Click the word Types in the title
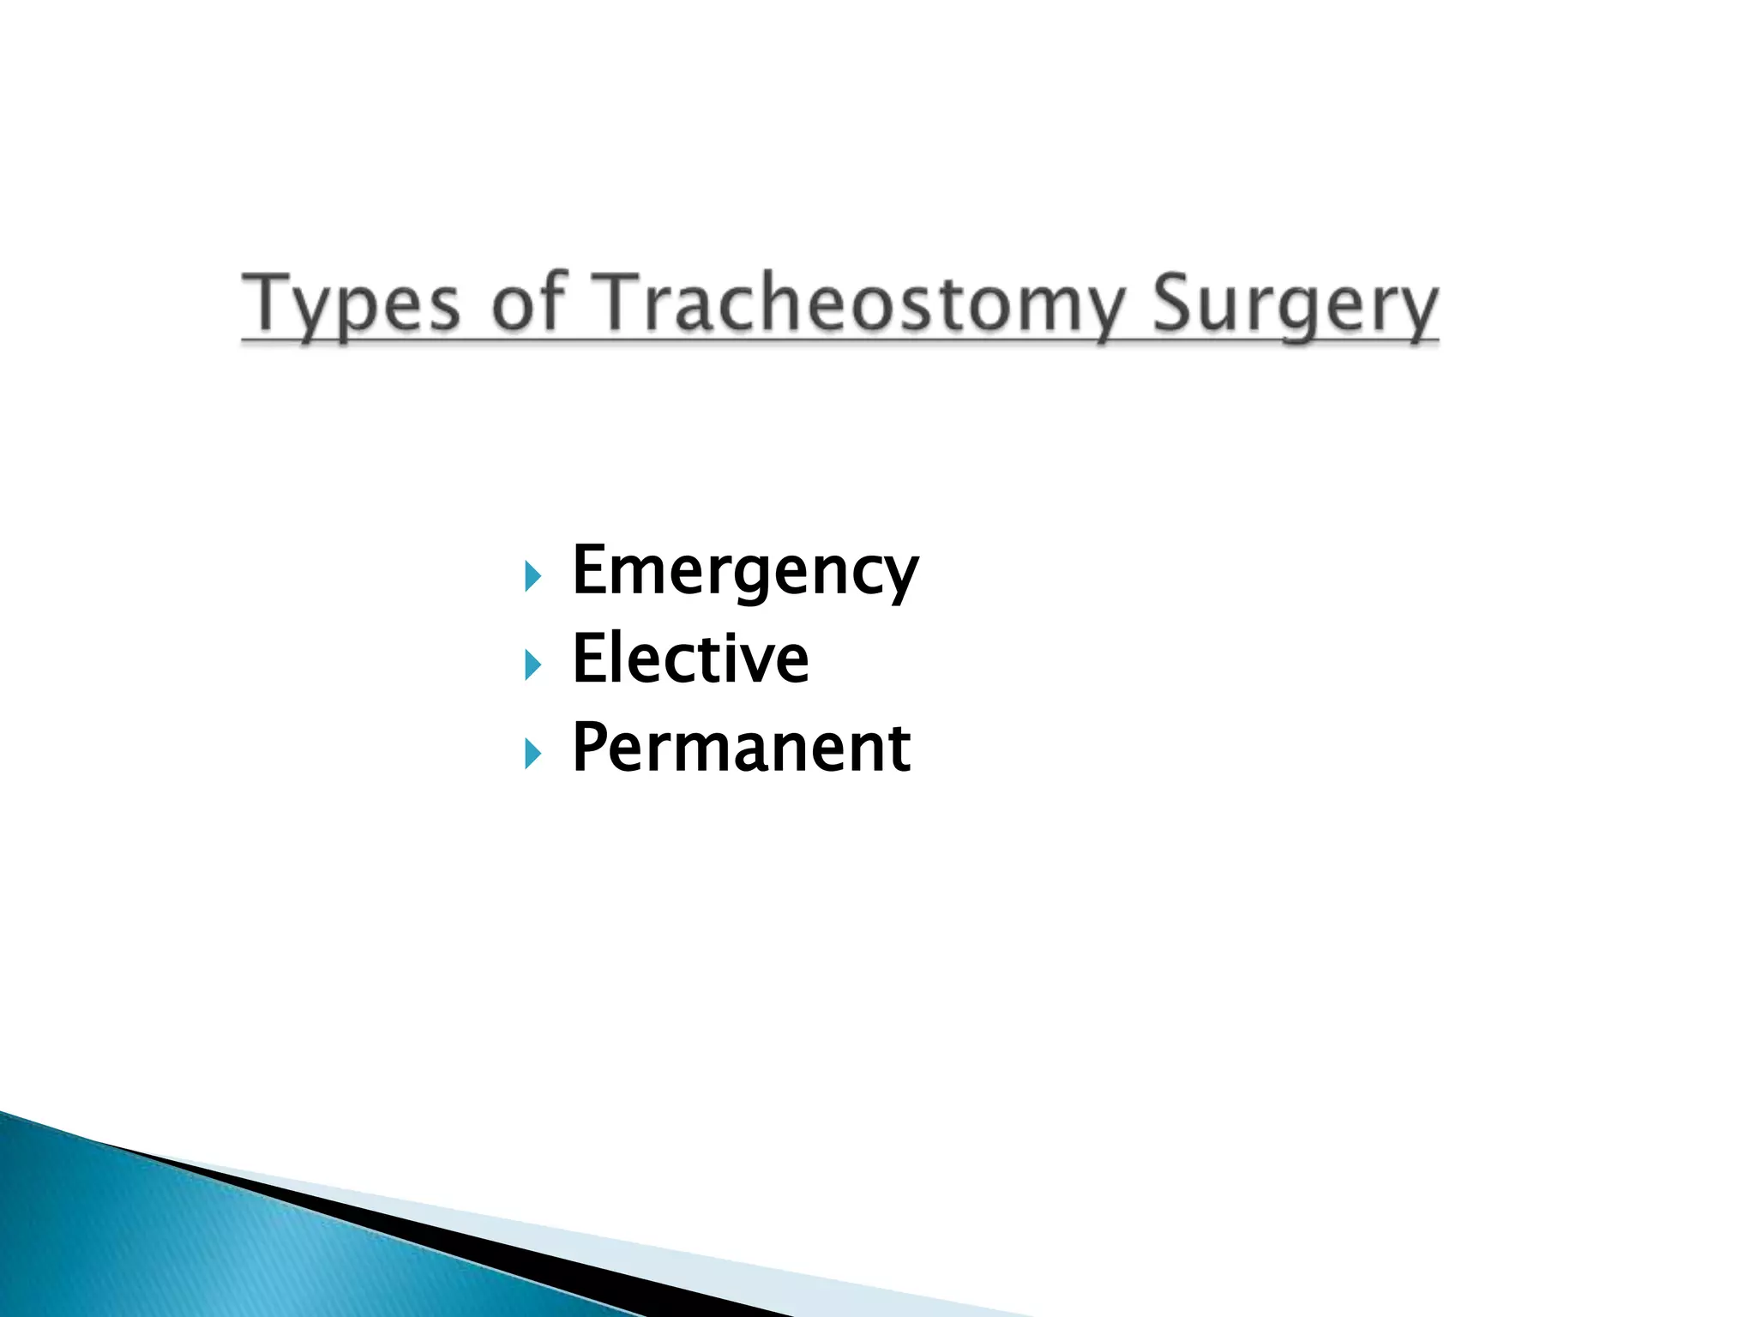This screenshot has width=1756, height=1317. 351,304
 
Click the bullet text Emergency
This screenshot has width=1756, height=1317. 744,572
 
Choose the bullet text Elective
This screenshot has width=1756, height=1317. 690,659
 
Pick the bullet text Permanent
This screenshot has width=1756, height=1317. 741,749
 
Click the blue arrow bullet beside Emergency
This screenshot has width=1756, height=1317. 532,576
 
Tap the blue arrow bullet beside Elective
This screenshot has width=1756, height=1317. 532,665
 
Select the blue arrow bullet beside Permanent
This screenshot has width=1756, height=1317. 532,754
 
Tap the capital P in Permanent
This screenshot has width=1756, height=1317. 591,747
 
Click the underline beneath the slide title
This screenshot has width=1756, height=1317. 840,342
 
